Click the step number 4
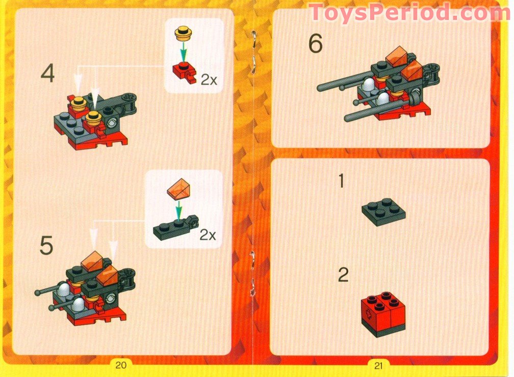click(47, 75)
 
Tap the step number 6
click(315, 45)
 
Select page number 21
click(378, 364)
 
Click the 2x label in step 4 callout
click(209, 80)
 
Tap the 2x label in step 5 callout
click(208, 235)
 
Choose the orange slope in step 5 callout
click(176, 190)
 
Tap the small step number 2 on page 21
click(343, 275)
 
